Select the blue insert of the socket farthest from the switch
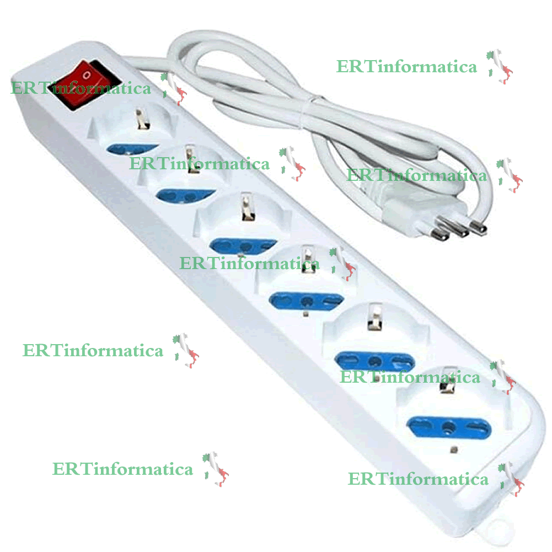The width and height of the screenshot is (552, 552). tap(448, 426)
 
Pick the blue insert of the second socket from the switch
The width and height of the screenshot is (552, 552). tap(185, 195)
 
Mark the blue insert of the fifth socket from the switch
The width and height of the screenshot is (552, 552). tap(375, 361)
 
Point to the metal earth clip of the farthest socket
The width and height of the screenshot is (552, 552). tap(444, 387)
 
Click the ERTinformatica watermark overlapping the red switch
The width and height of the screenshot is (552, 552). tap(81, 88)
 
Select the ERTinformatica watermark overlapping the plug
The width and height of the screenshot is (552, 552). tap(417, 175)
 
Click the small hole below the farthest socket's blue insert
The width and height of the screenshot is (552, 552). tap(454, 449)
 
